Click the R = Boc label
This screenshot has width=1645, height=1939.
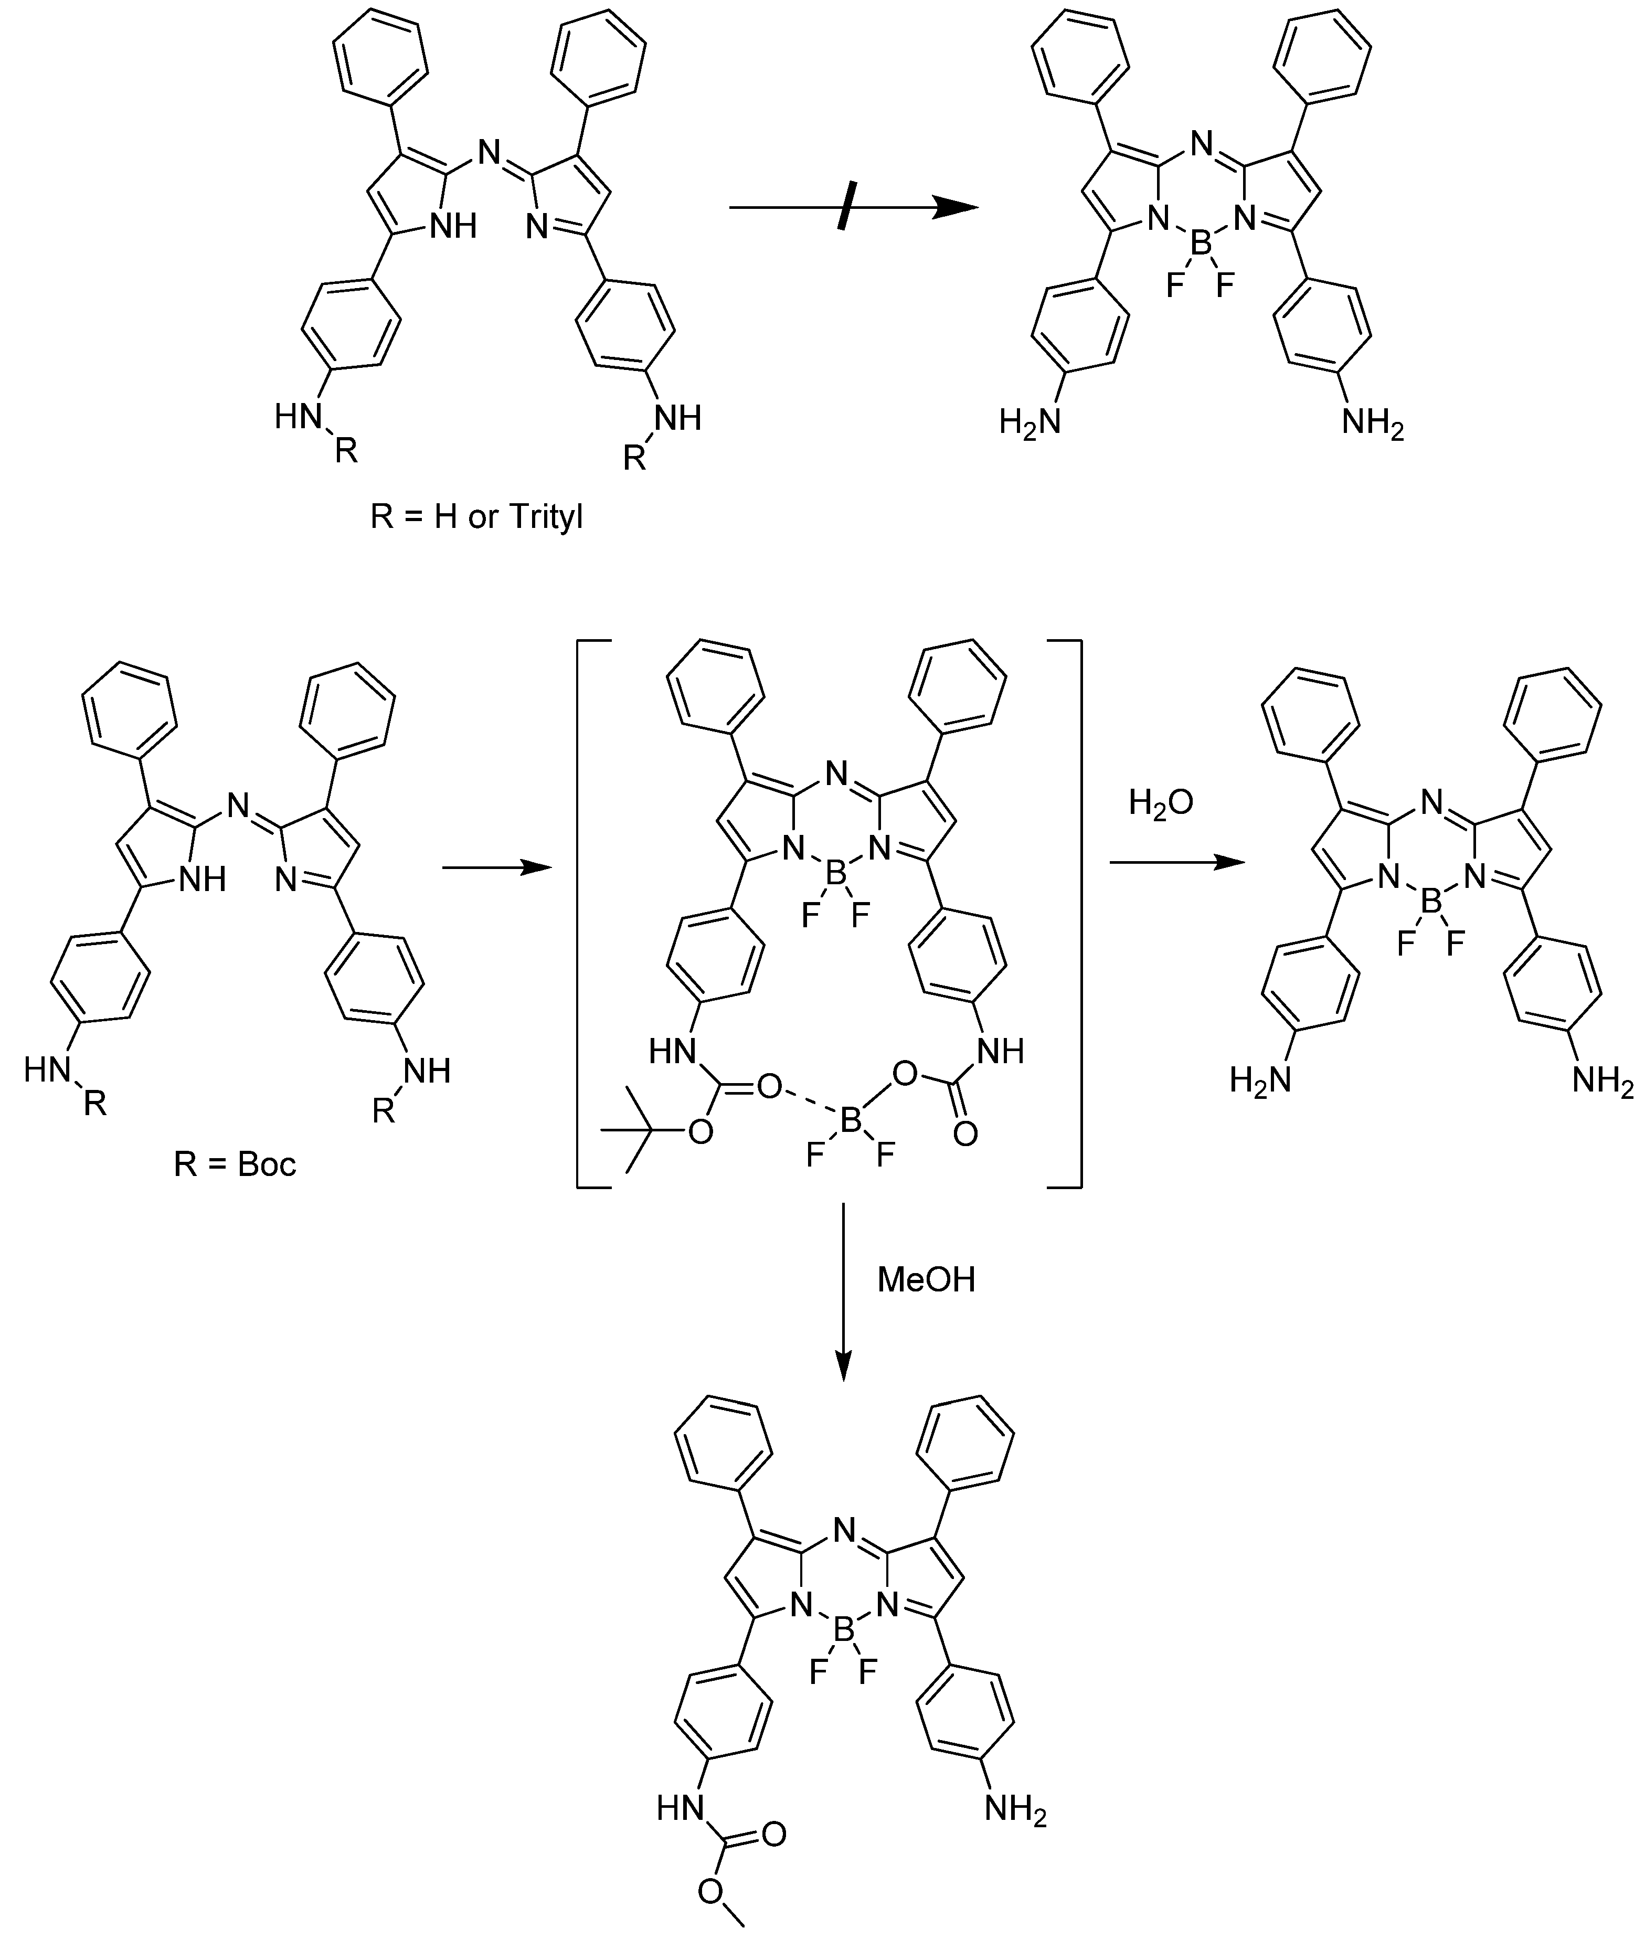coord(235,1164)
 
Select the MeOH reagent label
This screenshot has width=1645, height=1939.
coord(926,1279)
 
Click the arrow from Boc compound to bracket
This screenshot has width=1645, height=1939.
coord(494,867)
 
